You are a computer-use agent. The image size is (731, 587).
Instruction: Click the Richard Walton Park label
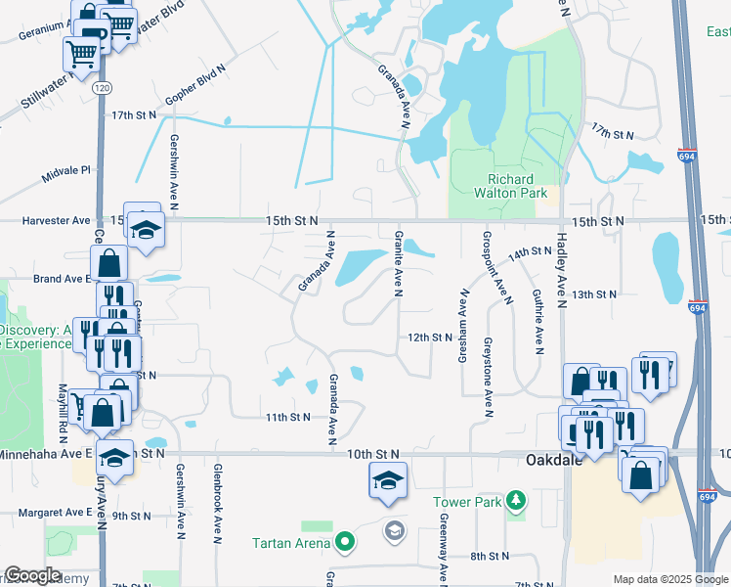[x=511, y=187]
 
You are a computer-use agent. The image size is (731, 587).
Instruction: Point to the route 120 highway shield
[x=103, y=88]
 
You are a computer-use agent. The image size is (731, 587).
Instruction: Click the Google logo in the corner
[x=32, y=575]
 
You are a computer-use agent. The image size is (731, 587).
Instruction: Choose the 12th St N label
[x=430, y=338]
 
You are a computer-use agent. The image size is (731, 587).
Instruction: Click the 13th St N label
[x=595, y=293]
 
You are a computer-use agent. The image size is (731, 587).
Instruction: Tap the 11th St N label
[x=287, y=417]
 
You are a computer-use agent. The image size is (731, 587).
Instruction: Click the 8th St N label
[x=485, y=556]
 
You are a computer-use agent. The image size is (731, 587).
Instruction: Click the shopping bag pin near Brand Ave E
[x=108, y=264]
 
